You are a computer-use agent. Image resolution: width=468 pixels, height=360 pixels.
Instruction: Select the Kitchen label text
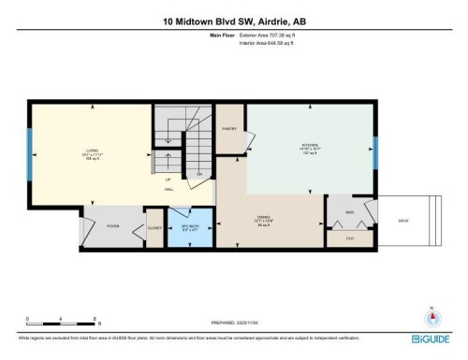click(310, 147)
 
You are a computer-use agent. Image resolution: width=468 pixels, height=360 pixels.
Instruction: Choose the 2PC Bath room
click(189, 225)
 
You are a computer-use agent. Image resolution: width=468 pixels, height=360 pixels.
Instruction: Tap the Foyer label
click(112, 225)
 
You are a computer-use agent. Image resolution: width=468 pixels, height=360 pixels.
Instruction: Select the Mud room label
click(349, 213)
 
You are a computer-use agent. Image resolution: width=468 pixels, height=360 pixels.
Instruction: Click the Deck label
click(403, 221)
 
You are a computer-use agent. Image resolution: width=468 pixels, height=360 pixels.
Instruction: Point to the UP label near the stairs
click(168, 179)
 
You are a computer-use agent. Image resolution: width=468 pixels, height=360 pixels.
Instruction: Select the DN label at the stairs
click(198, 174)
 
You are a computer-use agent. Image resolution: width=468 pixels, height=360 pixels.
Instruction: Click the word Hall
click(169, 189)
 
